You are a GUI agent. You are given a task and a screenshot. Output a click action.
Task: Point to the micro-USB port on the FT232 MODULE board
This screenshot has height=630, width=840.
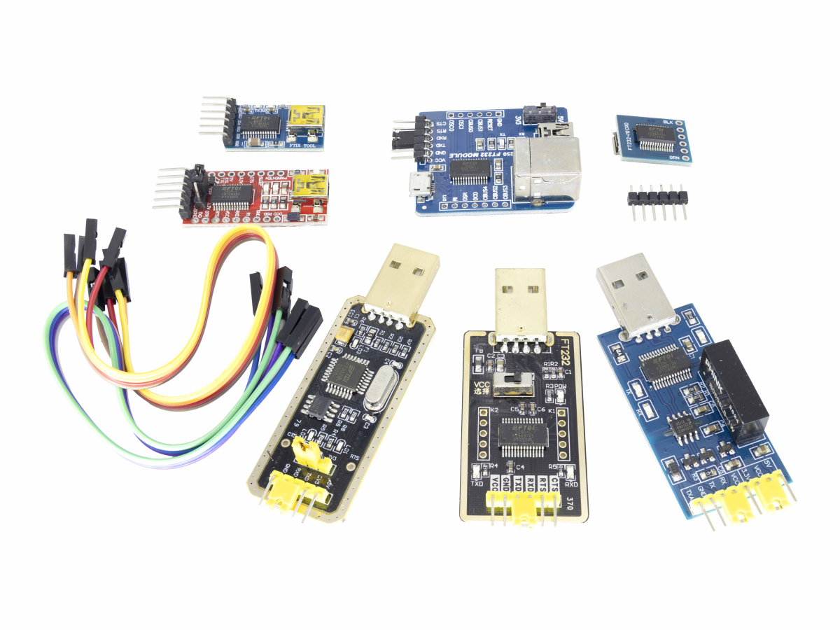[420, 187]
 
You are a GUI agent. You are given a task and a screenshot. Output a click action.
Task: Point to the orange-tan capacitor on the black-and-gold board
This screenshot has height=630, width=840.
[344, 336]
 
